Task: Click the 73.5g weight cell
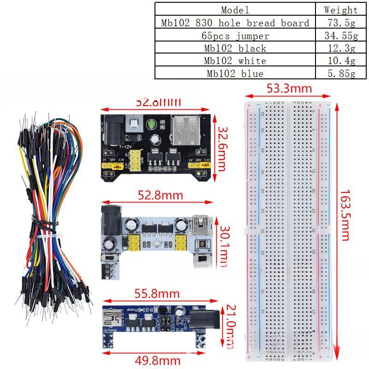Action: point(340,23)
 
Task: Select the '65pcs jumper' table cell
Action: point(235,36)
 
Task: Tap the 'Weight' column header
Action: point(340,10)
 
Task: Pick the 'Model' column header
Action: point(235,10)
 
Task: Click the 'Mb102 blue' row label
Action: point(235,73)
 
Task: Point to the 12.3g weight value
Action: point(340,48)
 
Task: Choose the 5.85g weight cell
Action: point(340,73)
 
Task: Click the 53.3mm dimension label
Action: point(290,89)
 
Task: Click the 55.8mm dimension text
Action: point(157,293)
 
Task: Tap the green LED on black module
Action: point(151,125)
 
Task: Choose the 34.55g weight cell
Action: point(340,36)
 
